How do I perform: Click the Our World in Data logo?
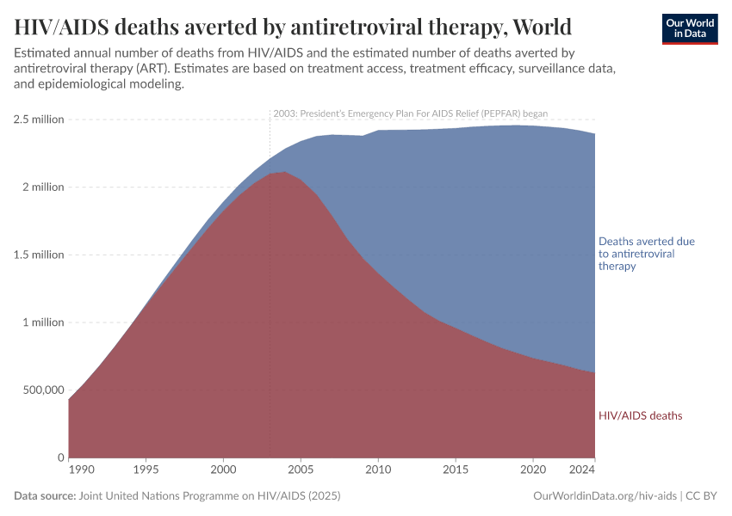pos(689,28)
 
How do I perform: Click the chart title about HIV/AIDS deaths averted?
pos(293,27)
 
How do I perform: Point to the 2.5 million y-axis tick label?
pos(39,120)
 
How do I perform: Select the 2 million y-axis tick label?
pos(42,187)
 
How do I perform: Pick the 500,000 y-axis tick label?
pos(39,390)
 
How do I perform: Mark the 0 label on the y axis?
pos(61,458)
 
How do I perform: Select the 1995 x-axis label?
pos(146,470)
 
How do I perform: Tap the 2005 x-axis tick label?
pos(301,470)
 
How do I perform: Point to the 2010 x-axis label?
pos(378,470)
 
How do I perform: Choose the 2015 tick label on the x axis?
pos(456,470)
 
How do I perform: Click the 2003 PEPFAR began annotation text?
pos(410,113)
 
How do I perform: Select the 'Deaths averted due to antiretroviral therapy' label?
pos(646,254)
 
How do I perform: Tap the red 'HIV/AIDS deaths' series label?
pos(640,415)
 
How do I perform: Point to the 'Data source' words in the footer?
pos(44,496)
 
